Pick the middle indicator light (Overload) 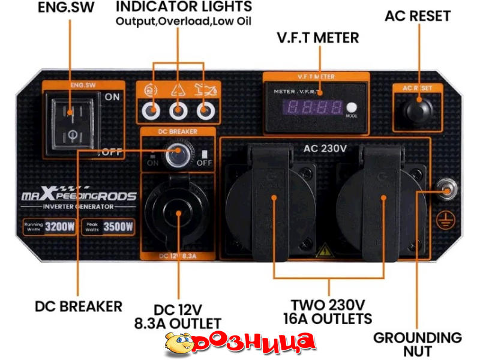pos(178,110)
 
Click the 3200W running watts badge pos(49,227)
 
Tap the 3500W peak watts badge pos(108,227)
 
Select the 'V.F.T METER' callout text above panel pos(318,38)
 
